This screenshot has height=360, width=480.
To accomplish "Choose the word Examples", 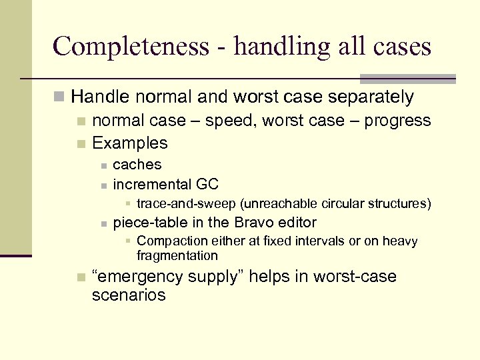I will pyautogui.click(x=130, y=143).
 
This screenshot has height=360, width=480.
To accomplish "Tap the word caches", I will pyautogui.click(x=137, y=165).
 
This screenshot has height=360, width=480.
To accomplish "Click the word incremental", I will pyautogui.click(x=153, y=184).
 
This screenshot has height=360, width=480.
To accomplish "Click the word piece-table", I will pyautogui.click(x=147, y=222).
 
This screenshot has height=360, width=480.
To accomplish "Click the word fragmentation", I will pyautogui.click(x=177, y=255).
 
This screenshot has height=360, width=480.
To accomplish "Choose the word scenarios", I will pyautogui.click(x=129, y=295).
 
